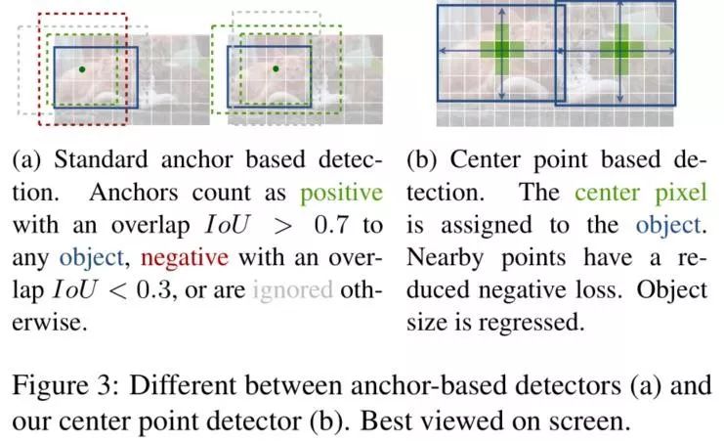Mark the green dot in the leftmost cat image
[x=82, y=68]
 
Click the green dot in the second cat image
[x=277, y=68]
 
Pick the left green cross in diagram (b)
[x=501, y=52]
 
